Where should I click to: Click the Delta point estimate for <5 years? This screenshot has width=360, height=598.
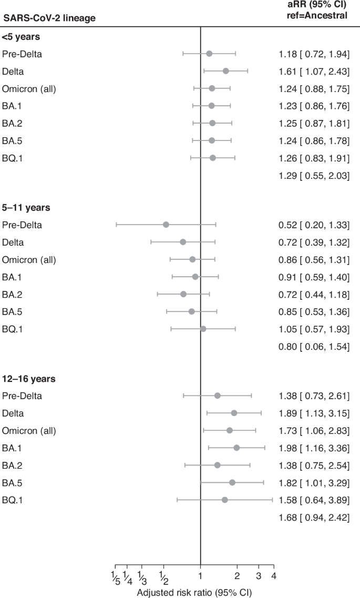pos(225,71)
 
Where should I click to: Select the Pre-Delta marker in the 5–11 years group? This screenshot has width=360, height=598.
pos(166,225)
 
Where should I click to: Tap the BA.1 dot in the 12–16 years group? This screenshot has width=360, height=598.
pos(236,448)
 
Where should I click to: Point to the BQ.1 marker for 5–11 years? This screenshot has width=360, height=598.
pos(203,329)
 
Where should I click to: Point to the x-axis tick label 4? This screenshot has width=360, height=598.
pos(274,574)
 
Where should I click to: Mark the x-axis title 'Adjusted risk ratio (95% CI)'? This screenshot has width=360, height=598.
pos(194,592)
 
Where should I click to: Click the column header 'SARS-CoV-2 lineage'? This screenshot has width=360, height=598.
pos(49,18)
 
